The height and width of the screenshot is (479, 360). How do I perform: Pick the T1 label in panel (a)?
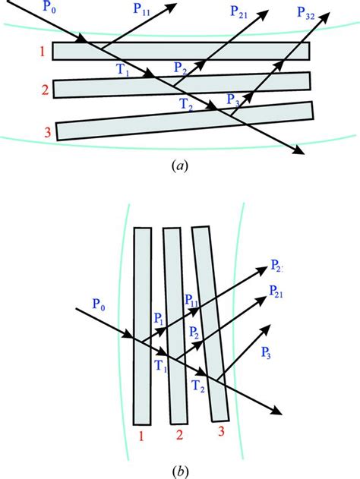122,72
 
